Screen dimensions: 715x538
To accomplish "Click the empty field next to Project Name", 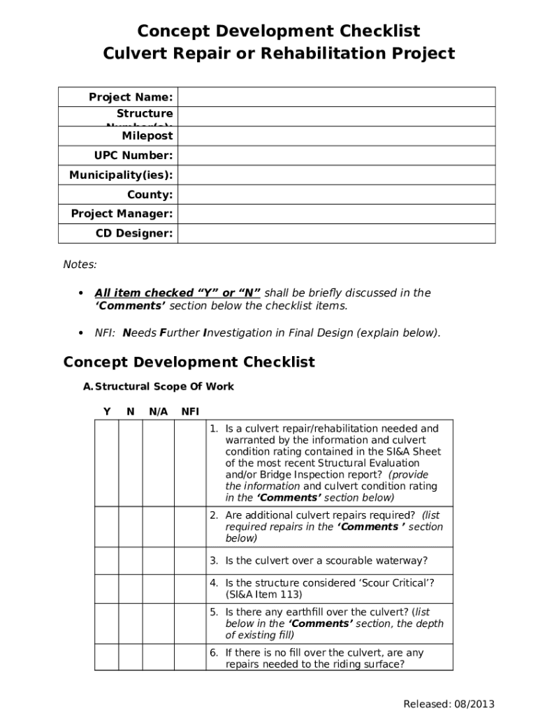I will pyautogui.click(x=336, y=97).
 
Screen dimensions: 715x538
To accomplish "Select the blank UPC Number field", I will pyautogui.click(x=336, y=155).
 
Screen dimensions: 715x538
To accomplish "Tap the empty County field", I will pyautogui.click(x=336, y=194).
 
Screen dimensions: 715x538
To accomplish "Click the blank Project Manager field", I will pyautogui.click(x=336, y=214).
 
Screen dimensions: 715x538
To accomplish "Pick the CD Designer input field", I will pyautogui.click(x=336, y=233).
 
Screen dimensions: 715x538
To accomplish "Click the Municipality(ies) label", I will pyautogui.click(x=121, y=175).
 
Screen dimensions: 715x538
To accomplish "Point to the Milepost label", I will pyautogui.click(x=147, y=135).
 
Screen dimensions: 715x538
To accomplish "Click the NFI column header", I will pyautogui.click(x=190, y=411).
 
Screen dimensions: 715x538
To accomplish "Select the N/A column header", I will pyautogui.click(x=159, y=411).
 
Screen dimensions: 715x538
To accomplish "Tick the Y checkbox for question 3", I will pyautogui.click(x=106, y=561).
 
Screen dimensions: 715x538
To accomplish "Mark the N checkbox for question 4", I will pyautogui.click(x=131, y=589).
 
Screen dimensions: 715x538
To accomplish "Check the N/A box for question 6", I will pyautogui.click(x=159, y=658).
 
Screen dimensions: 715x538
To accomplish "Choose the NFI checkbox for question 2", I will pyautogui.click(x=190, y=526).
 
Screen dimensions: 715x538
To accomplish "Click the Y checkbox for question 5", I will pyautogui.click(x=106, y=623).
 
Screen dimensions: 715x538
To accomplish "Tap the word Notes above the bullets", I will pyautogui.click(x=80, y=265).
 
